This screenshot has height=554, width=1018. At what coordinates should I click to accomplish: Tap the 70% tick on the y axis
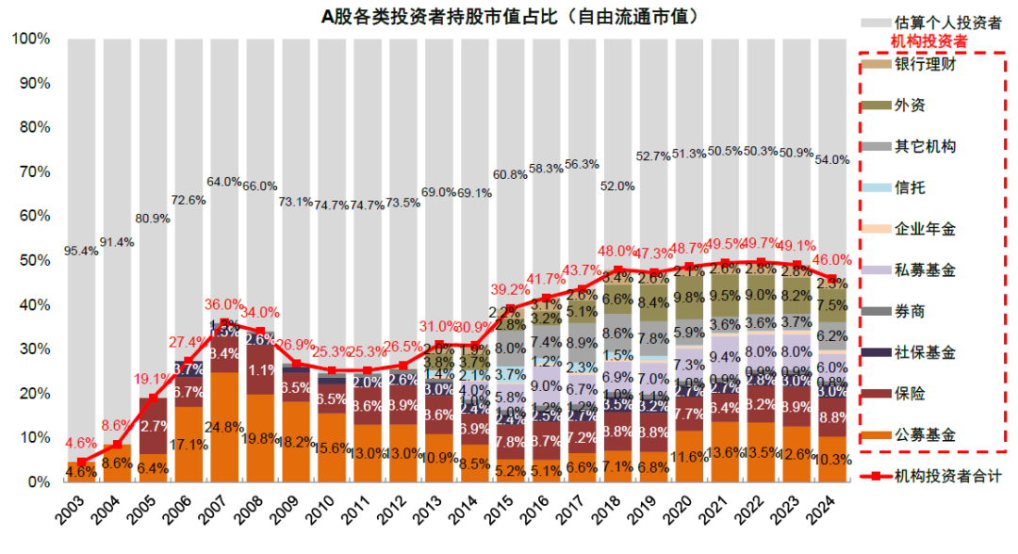click(31, 172)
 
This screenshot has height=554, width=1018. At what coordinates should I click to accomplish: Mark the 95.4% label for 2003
click(81, 252)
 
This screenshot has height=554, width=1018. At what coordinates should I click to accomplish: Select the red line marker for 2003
click(81, 462)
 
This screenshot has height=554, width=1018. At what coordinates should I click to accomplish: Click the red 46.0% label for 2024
click(832, 260)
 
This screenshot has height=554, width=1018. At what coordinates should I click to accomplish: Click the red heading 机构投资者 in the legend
click(928, 42)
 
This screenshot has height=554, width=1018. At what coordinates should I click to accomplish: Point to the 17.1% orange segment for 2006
click(189, 444)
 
